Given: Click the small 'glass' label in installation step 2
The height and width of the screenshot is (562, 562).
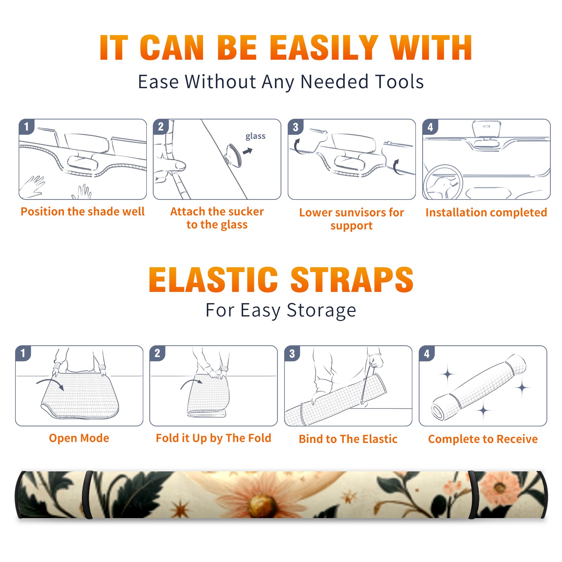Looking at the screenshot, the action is (x=255, y=136).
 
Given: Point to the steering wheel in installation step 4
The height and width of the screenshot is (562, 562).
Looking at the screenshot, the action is (x=443, y=182).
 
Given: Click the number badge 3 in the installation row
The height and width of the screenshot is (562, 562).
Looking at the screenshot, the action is (x=295, y=127).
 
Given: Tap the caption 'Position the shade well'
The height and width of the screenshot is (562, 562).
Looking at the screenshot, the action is (x=83, y=211).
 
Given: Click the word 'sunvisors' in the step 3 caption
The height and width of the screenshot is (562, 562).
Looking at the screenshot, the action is (x=359, y=213).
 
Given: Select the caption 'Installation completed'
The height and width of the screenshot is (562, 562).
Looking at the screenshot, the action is (x=486, y=213).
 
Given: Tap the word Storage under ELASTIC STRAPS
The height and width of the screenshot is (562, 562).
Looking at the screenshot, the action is (x=321, y=311).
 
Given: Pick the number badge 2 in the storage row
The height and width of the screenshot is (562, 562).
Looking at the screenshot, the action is (x=157, y=353).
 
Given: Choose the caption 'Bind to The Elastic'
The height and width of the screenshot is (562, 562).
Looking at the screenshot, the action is (x=348, y=439).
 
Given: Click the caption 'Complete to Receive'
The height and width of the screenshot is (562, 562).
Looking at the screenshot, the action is (x=483, y=439).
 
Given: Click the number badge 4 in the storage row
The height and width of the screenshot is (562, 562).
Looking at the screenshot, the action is (x=427, y=353).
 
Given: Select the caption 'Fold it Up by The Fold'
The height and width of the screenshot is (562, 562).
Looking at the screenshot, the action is (x=213, y=438).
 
